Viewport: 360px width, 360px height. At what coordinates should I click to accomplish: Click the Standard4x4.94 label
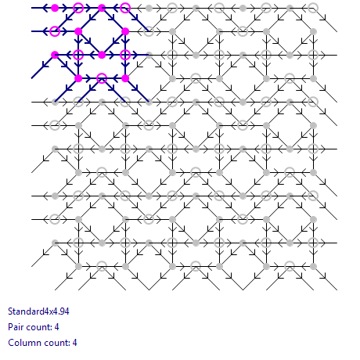[x=38, y=311]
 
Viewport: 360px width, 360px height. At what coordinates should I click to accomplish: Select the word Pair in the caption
[x=14, y=327]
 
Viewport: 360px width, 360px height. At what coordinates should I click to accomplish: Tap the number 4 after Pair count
[x=56, y=327]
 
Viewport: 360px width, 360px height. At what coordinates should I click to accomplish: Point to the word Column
[x=22, y=343]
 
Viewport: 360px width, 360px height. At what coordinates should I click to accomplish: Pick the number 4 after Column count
[x=74, y=343]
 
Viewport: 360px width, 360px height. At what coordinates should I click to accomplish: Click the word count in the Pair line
[x=37, y=327]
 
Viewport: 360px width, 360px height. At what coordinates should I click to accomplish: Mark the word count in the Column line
[x=54, y=343]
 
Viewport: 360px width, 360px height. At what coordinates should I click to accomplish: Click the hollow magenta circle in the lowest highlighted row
[x=102, y=78]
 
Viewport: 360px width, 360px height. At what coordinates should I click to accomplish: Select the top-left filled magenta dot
[x=55, y=8]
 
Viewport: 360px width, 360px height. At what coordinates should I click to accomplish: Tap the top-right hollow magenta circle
[x=125, y=8]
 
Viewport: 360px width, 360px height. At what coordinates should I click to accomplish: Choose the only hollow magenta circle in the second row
[x=55, y=31]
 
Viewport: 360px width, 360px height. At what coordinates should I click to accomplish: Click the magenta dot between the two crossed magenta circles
[x=102, y=55]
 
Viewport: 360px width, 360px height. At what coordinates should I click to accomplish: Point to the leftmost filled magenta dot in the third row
[x=55, y=55]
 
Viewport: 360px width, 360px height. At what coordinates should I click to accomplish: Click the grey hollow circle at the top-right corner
[x=313, y=8]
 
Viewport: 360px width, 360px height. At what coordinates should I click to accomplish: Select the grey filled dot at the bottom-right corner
[x=313, y=266]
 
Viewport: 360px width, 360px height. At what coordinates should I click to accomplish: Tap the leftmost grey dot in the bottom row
[x=78, y=266]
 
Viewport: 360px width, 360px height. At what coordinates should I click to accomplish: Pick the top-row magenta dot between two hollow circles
[x=102, y=8]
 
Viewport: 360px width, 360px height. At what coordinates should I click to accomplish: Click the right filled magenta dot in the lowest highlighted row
[x=125, y=78]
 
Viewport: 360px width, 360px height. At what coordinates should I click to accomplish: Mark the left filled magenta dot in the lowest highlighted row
[x=78, y=78]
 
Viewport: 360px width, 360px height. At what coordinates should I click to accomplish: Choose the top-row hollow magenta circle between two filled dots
[x=78, y=8]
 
